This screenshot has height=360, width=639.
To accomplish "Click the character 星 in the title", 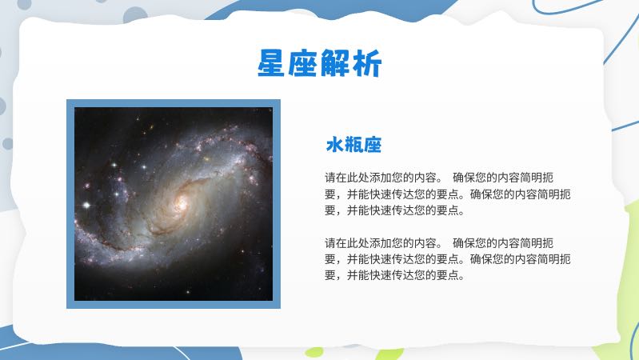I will [x=273, y=63].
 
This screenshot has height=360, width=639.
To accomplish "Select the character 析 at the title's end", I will [x=367, y=63].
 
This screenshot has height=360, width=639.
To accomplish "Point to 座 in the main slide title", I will [x=304, y=63].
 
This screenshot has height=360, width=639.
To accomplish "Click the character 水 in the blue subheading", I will [x=334, y=145].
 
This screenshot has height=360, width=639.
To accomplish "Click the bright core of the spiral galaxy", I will [x=180, y=203].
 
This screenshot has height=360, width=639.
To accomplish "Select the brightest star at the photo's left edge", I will [x=86, y=205].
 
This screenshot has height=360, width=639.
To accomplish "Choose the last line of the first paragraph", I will [x=394, y=211].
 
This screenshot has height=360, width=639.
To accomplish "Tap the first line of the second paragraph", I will [x=448, y=242].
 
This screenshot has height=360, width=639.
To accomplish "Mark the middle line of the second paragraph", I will [x=448, y=259].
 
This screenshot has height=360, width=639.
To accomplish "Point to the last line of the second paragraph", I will [x=394, y=276].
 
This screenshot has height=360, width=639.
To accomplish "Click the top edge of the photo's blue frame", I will [x=174, y=103].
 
